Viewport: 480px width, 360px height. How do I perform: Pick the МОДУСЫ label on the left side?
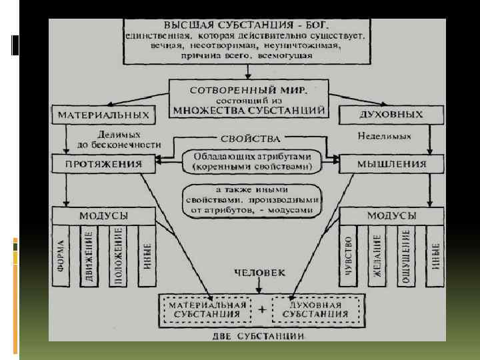[x=104, y=216]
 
